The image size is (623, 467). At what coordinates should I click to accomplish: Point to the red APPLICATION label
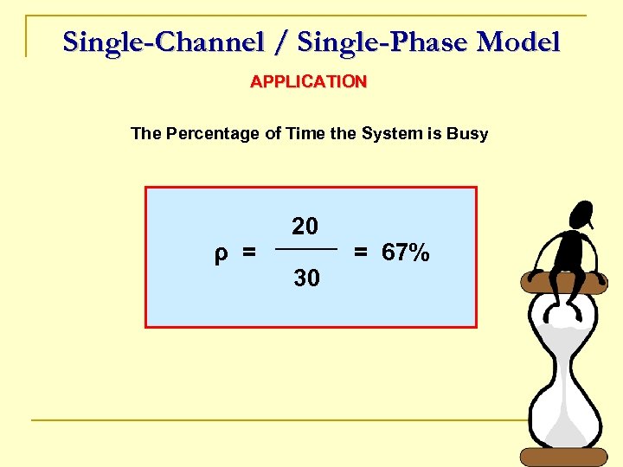coord(309,82)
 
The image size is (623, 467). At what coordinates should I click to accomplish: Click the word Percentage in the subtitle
coord(211,134)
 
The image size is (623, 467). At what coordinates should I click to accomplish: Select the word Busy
coord(468,134)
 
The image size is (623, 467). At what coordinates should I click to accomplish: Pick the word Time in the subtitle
coord(304,134)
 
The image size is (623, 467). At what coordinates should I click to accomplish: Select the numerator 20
coord(305,227)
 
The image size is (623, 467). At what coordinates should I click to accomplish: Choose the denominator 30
coord(306,278)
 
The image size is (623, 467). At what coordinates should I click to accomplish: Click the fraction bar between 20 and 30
coord(305,249)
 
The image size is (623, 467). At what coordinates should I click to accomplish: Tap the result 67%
coord(405,253)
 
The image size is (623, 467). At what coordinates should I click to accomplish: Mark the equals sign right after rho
coord(249,253)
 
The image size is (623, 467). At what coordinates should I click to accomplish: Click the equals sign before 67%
coord(361,253)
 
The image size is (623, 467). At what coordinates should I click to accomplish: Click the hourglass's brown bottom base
coord(564,456)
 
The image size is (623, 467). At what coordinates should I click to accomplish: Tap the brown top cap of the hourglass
coord(564,282)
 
